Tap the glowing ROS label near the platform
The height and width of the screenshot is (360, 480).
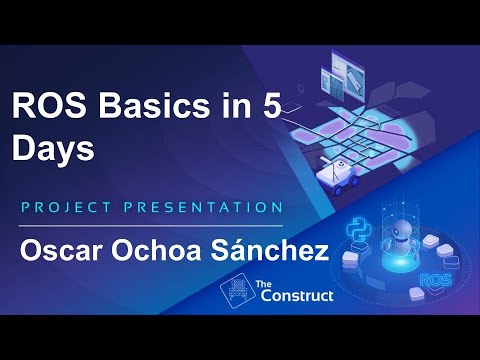click(x=437, y=281)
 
